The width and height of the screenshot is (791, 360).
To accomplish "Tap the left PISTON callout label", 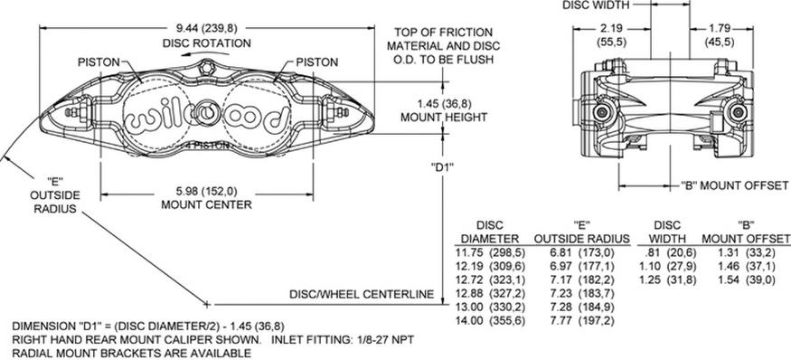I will (98, 62).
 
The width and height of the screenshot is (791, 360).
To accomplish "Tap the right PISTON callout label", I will (315, 62).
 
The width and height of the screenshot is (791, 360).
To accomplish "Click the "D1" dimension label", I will (442, 166).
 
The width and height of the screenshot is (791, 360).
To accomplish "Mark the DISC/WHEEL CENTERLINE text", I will (362, 294).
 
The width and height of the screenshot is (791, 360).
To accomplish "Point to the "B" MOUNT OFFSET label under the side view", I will (733, 185).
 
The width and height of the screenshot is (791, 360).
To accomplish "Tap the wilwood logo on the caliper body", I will (208, 118).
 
